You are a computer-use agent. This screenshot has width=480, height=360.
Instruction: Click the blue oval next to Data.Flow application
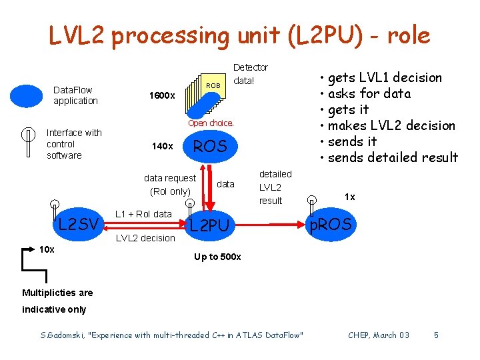(26, 95)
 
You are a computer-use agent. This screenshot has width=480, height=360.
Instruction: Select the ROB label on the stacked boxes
(213, 85)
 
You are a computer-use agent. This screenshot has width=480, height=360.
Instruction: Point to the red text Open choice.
(211, 123)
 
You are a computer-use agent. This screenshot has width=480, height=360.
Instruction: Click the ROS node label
(209, 146)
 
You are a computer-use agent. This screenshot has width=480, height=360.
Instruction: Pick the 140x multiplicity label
(163, 146)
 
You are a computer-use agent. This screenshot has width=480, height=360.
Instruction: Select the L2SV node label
(79, 223)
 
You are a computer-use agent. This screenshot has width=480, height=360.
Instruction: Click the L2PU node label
(209, 226)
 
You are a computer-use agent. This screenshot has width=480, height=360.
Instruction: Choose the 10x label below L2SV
(47, 249)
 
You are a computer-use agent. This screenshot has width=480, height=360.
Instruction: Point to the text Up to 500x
(217, 257)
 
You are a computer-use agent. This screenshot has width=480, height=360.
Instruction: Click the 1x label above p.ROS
(349, 197)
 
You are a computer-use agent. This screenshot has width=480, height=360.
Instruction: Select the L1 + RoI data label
(143, 213)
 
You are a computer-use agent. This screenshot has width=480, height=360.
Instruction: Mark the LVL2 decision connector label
(145, 238)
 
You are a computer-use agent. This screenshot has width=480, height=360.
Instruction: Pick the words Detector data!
(250, 74)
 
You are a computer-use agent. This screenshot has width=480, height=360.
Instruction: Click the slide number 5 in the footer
(436, 335)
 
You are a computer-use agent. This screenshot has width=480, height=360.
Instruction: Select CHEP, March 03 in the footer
(379, 335)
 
